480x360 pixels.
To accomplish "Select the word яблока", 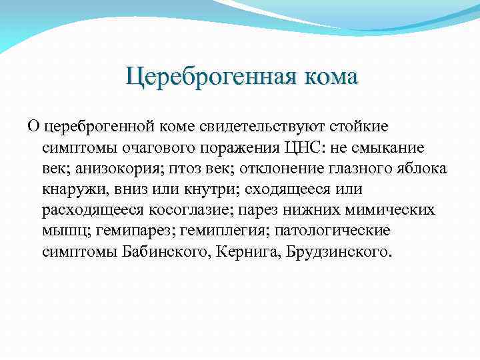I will (423, 168).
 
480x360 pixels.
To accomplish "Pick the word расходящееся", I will (83, 211).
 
